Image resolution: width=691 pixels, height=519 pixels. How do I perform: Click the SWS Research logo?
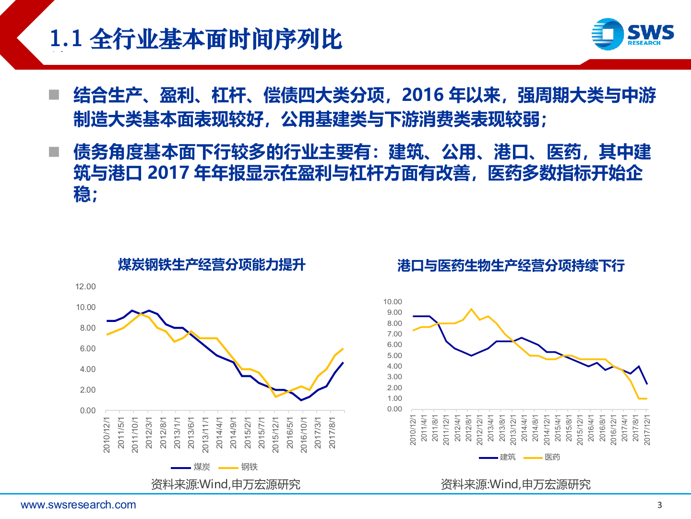click(632, 34)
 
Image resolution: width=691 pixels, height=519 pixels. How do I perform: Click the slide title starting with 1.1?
click(196, 39)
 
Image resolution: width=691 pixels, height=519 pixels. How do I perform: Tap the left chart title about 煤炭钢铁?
click(212, 265)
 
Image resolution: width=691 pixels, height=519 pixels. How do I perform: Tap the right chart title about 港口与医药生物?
click(511, 266)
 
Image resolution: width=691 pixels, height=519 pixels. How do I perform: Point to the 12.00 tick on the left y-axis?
click(85, 286)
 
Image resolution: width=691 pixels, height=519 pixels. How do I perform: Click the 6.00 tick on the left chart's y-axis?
click(87, 348)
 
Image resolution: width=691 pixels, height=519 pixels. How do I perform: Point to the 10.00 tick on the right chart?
click(393, 302)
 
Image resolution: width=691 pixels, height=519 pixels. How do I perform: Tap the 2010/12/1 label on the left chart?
click(107, 434)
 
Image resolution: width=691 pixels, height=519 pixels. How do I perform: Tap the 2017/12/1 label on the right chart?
click(647, 430)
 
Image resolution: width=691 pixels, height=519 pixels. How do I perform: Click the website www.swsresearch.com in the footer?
click(78, 505)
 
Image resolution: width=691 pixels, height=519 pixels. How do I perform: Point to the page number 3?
click(659, 505)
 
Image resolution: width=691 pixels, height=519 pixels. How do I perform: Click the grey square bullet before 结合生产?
click(54, 95)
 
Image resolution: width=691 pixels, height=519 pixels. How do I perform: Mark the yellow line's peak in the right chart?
click(471, 309)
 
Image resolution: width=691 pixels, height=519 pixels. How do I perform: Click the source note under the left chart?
click(226, 484)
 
